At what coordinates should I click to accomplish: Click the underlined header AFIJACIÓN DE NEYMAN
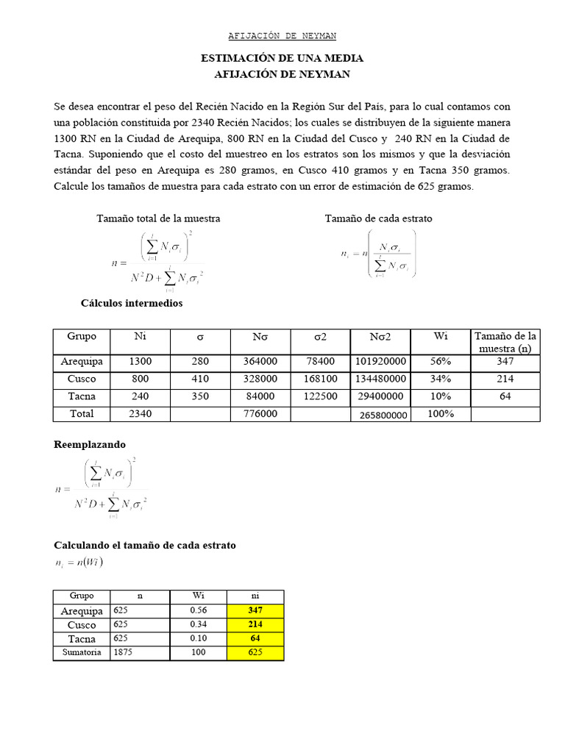282,35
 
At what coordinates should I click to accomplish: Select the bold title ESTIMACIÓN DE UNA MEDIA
282,58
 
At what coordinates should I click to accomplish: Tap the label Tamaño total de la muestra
158,218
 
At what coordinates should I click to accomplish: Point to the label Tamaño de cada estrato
378,218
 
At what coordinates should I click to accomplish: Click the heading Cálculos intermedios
131,303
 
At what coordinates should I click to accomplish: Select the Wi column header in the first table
441,336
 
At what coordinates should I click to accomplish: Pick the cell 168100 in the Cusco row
321,379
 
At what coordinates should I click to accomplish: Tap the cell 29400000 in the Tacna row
380,396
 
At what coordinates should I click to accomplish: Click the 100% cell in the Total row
441,414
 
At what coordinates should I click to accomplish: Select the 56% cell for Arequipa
441,362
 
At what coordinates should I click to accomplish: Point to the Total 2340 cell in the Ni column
140,414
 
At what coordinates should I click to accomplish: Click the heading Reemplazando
90,445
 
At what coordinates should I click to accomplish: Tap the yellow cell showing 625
255,652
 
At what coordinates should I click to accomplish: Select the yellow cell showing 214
255,624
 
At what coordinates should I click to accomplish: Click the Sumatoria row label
81,652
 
